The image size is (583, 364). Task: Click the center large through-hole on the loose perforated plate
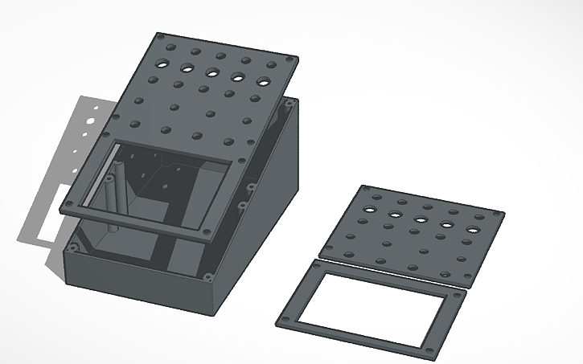click(x=421, y=219)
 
